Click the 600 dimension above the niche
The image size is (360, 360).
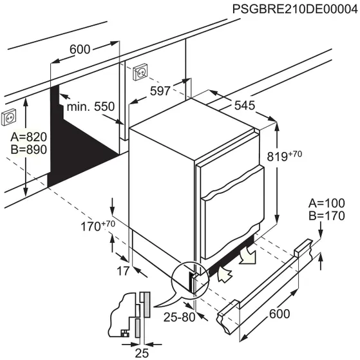(81, 49)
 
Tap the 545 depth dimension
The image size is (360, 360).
(244, 106)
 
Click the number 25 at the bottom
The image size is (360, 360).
(144, 352)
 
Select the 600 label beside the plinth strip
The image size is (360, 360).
(279, 314)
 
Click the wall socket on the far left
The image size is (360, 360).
(10, 117)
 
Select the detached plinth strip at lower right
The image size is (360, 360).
(264, 283)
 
